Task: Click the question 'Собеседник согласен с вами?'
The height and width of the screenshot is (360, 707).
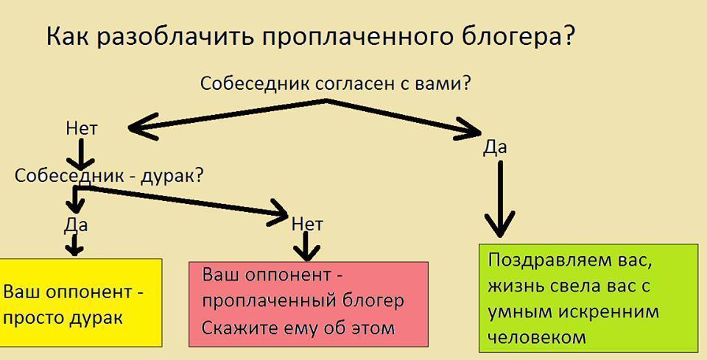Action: [x=336, y=82]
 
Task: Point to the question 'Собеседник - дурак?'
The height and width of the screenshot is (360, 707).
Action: [x=109, y=176]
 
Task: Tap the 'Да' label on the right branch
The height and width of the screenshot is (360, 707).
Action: [x=495, y=147]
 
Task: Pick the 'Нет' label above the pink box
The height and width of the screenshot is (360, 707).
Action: [x=307, y=222]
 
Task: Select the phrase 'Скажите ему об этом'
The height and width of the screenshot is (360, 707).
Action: [x=298, y=328]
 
